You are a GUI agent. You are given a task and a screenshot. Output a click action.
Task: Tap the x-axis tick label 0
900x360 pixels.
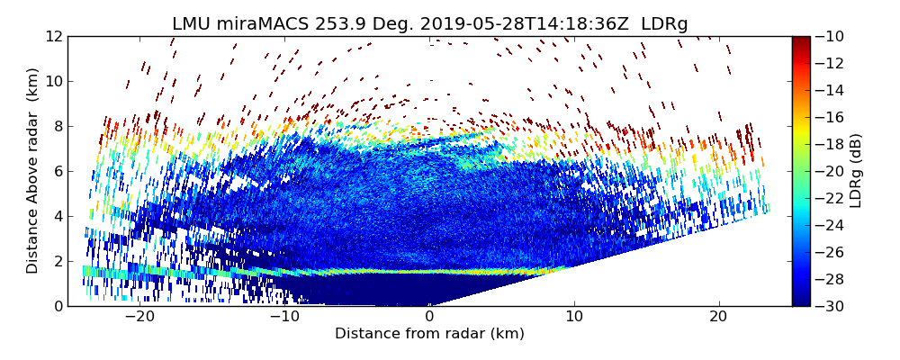click(x=429, y=318)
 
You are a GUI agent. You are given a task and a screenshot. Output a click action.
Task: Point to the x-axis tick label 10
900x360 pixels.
click(x=574, y=318)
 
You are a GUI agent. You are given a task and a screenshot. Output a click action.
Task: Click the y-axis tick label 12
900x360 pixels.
click(x=53, y=36)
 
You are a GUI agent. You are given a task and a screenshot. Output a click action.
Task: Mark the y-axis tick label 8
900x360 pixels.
click(x=57, y=126)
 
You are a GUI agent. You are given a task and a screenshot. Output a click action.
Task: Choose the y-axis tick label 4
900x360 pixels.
click(x=57, y=216)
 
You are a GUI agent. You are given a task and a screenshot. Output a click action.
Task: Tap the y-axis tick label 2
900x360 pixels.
click(x=57, y=261)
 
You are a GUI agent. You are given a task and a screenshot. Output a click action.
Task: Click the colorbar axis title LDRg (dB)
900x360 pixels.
click(x=856, y=171)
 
